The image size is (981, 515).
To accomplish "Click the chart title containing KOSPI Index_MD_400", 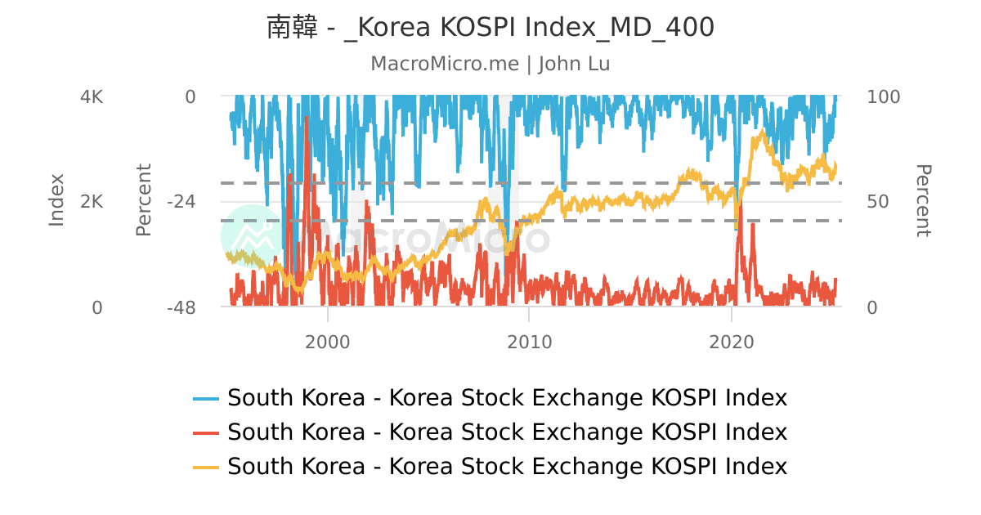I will pos(490,27).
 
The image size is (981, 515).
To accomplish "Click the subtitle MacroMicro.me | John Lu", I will pos(490,64).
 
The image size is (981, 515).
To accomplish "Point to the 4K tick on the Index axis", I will pos(92,96).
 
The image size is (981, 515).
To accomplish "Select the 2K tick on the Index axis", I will pos(92,202).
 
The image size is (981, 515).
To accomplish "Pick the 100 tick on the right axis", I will pos(883,96).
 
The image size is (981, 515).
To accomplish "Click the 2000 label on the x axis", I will pos(327,342).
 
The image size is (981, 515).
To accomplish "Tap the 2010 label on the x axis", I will pos(529,342).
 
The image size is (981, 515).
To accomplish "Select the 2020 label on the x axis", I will pos(731,342).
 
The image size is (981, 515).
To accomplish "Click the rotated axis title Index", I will pos(56,200).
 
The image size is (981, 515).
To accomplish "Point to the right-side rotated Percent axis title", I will pos(922,200).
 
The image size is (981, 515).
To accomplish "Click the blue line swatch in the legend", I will pos(206,399).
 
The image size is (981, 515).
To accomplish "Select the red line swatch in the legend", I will pos(206,432).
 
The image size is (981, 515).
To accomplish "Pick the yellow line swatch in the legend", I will pos(206,467).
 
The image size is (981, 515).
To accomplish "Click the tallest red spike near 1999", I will pos(307,119).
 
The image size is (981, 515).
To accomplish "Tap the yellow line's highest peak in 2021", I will pos(764,131).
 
